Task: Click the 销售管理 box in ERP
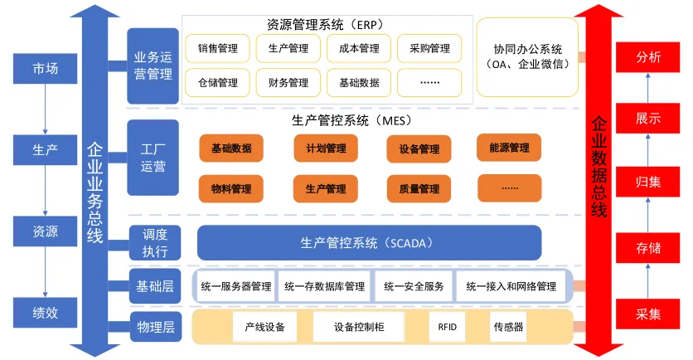pyautogui.click(x=217, y=49)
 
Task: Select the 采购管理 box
pyautogui.click(x=429, y=49)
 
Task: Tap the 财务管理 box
pyautogui.click(x=288, y=83)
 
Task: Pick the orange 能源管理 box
pyautogui.click(x=509, y=148)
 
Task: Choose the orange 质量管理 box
pyautogui.click(x=419, y=189)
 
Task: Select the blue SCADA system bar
pyautogui.click(x=368, y=243)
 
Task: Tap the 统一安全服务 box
pyautogui.click(x=414, y=287)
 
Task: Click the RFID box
pyautogui.click(x=448, y=327)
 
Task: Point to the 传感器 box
pyautogui.click(x=507, y=327)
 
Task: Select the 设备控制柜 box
pyautogui.click(x=359, y=327)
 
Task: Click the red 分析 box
pyautogui.click(x=648, y=57)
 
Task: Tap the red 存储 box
pyautogui.click(x=648, y=247)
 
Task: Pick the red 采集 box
pyautogui.click(x=648, y=314)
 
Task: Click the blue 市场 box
pyautogui.click(x=46, y=68)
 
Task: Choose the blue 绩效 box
pyautogui.click(x=46, y=314)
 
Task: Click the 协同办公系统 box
pyautogui.click(x=527, y=56)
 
